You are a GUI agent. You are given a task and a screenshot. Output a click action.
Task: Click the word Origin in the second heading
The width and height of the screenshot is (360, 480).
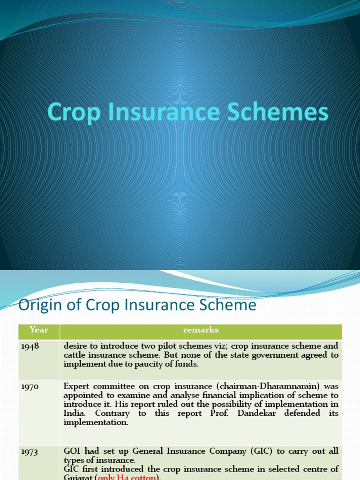36,305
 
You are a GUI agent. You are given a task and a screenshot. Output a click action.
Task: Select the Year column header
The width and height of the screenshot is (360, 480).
39,330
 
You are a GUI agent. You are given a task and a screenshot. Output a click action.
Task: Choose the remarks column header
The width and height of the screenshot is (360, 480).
201,330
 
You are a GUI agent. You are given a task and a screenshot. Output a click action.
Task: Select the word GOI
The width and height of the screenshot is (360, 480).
73,451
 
